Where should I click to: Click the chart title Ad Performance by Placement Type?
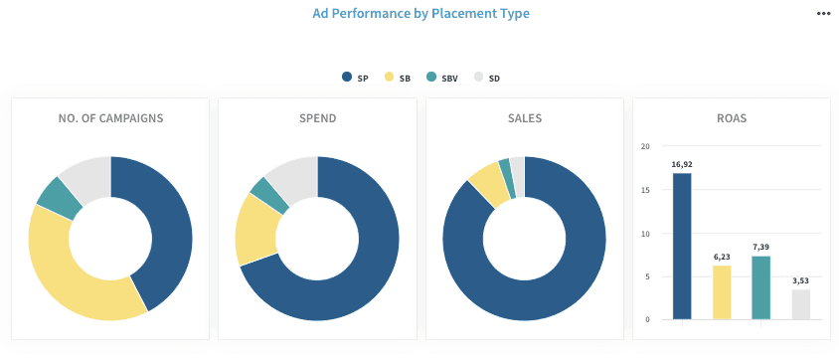point(420,13)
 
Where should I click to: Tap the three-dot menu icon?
point(823,13)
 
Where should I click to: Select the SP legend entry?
point(355,78)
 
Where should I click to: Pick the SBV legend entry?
point(444,78)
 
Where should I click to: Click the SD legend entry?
point(487,78)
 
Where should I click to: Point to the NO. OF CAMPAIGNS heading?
point(110,118)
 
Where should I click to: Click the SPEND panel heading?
point(317,118)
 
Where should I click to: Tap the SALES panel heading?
point(524,118)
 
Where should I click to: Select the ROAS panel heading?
point(731,118)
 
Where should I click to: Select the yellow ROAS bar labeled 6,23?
point(722,292)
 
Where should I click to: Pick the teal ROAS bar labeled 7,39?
point(761,287)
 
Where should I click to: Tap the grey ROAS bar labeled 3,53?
point(801,304)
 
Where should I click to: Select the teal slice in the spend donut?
point(263,189)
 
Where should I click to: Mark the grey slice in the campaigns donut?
point(85,173)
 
